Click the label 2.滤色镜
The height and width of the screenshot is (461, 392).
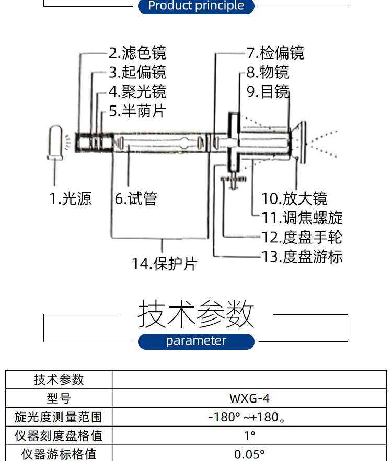pyautogui.click(x=137, y=53)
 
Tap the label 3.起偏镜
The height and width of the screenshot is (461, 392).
pyautogui.click(x=137, y=73)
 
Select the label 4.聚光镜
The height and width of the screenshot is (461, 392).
pyautogui.click(x=137, y=92)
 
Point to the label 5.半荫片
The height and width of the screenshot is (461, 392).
pyautogui.click(x=137, y=111)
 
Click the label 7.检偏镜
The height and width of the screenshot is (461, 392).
pyautogui.click(x=275, y=53)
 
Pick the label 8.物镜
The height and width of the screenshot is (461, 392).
pyautogui.click(x=268, y=73)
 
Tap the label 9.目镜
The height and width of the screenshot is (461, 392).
pyautogui.click(x=268, y=92)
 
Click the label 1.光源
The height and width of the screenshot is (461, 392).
pyautogui.click(x=71, y=199)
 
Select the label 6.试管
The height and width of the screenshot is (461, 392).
pyautogui.click(x=136, y=199)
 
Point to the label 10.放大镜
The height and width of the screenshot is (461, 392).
pyautogui.click(x=294, y=199)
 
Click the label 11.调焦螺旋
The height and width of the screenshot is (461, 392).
pyautogui.click(x=302, y=218)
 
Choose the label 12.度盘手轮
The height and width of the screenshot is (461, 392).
pyautogui.click(x=302, y=238)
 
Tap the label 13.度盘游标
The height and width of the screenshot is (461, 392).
pyautogui.click(x=302, y=257)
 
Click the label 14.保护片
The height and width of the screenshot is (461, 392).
pyautogui.click(x=165, y=264)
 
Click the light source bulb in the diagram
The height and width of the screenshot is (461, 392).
pyautogui.click(x=55, y=143)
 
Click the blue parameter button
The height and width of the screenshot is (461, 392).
pyautogui.click(x=196, y=341)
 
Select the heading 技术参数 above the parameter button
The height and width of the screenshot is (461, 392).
pyautogui.click(x=196, y=314)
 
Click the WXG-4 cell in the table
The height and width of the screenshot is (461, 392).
pyautogui.click(x=249, y=398)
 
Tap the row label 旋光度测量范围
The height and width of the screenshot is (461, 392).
pyautogui.click(x=59, y=417)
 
